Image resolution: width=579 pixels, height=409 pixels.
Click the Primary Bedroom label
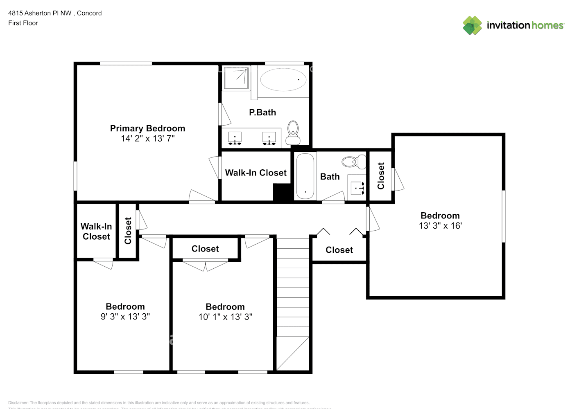pyautogui.click(x=147, y=128)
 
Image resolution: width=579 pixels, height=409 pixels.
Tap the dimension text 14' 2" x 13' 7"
pyautogui.click(x=147, y=139)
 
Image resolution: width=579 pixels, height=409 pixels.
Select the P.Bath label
pyautogui.click(x=262, y=112)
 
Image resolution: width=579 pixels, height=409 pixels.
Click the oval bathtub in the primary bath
pyautogui.click(x=283, y=79)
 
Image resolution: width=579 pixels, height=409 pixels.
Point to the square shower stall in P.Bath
pyautogui.click(x=236, y=79)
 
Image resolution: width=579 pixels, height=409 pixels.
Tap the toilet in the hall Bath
pyautogui.click(x=354, y=162)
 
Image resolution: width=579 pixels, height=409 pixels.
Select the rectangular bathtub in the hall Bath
pyautogui.click(x=305, y=176)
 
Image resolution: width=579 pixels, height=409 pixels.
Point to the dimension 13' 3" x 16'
pyautogui.click(x=440, y=226)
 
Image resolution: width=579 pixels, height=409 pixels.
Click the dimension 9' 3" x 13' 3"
pyautogui.click(x=125, y=317)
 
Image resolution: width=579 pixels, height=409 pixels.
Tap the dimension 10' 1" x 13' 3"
pyautogui.click(x=225, y=317)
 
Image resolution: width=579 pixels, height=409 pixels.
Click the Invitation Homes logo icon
pyautogui.click(x=472, y=25)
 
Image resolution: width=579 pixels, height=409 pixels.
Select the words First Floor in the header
pyautogui.click(x=23, y=23)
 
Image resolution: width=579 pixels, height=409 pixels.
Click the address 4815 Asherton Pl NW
pyautogui.click(x=40, y=13)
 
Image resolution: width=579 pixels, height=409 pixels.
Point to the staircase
pyautogui.click(x=293, y=303)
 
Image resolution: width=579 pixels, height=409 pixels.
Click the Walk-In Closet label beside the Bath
pyautogui.click(x=256, y=173)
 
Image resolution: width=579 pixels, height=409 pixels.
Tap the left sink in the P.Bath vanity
pyautogui.click(x=235, y=138)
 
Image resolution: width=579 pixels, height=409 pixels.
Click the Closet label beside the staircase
pyautogui.click(x=339, y=250)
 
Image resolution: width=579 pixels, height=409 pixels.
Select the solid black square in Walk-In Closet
pyautogui.click(x=282, y=192)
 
